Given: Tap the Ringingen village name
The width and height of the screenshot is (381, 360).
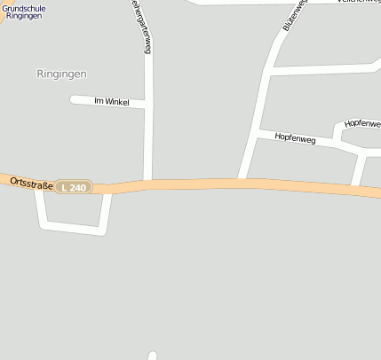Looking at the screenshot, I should (62, 74).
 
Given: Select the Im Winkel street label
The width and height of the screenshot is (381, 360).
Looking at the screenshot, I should (112, 102).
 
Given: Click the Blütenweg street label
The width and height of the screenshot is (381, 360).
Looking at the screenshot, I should (294, 15).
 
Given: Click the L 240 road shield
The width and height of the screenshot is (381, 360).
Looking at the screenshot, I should (74, 187).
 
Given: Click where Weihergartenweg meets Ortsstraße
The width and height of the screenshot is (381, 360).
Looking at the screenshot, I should (148, 183).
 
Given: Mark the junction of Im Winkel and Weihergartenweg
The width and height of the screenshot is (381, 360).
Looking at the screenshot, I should (147, 106).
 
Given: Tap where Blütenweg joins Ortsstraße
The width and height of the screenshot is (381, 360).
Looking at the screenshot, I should (242, 180).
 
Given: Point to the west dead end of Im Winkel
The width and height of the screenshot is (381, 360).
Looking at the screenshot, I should (74, 98).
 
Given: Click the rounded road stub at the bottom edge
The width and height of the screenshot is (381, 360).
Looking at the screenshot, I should (152, 356).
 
